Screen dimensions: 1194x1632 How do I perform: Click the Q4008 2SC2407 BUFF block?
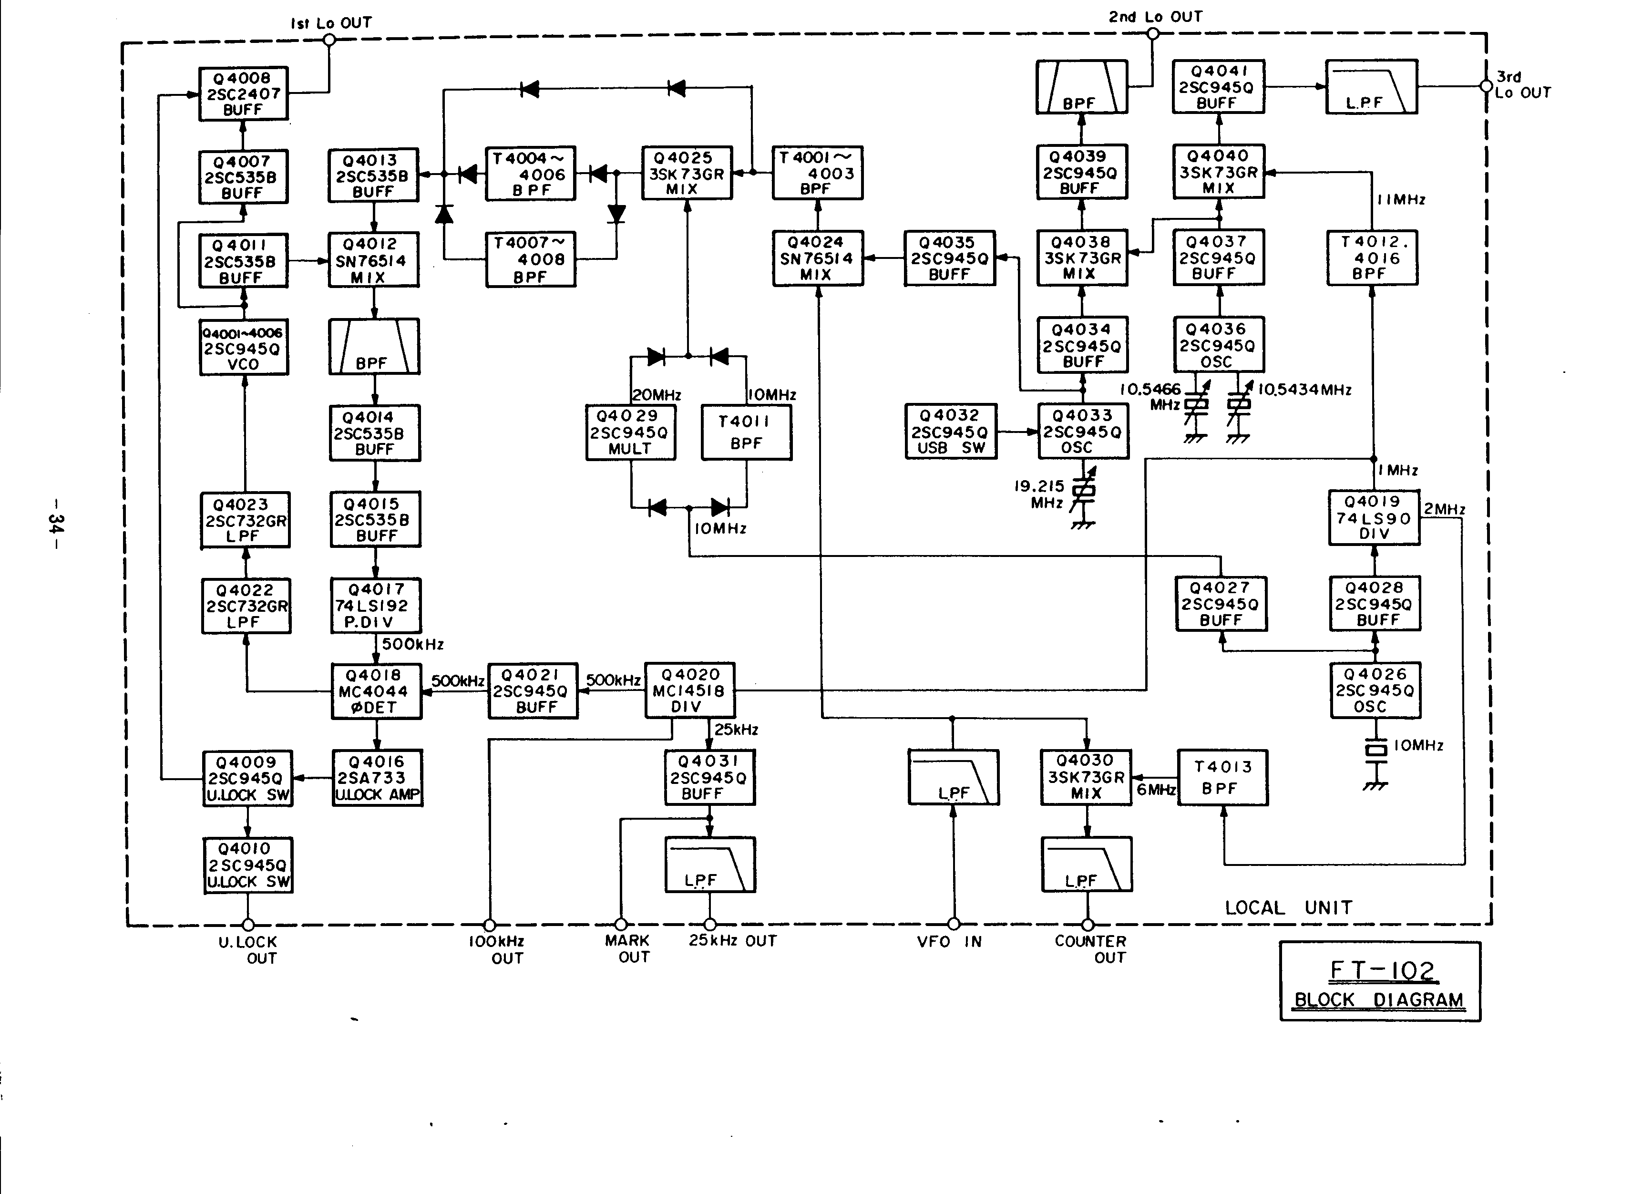(x=243, y=94)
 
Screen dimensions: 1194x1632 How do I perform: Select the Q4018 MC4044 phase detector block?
(x=376, y=691)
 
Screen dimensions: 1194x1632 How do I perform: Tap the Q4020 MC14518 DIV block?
(x=689, y=691)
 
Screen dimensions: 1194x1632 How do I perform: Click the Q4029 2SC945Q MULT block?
(x=630, y=432)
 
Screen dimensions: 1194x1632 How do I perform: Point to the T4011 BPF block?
(x=746, y=432)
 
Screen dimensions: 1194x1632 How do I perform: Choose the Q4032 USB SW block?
(x=950, y=432)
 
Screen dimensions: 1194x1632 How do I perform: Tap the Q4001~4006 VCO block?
(x=244, y=348)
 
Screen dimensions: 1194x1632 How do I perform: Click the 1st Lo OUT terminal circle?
(x=329, y=40)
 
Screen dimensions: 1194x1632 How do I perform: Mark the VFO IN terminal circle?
(x=954, y=924)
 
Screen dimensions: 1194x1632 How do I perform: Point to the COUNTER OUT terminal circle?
(x=1088, y=925)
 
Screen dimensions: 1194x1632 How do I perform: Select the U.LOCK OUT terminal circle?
(x=248, y=925)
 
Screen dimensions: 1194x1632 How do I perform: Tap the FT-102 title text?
(x=1382, y=970)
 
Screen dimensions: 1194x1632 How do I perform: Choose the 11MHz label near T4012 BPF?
(x=1401, y=199)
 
